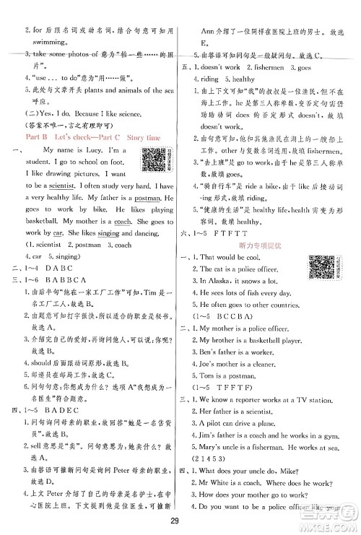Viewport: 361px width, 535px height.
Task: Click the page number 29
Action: [x=180, y=523]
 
